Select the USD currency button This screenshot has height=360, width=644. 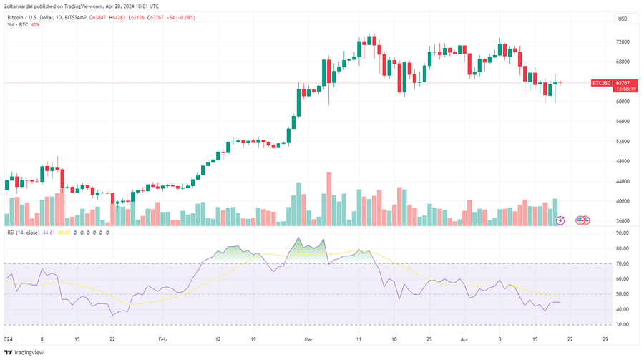[622, 19]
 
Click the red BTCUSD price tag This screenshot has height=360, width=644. [601, 83]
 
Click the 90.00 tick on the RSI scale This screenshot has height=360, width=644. [622, 248]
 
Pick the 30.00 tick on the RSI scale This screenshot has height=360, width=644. [622, 325]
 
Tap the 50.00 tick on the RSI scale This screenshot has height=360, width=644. [622, 294]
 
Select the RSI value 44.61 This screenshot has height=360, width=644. [49, 233]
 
